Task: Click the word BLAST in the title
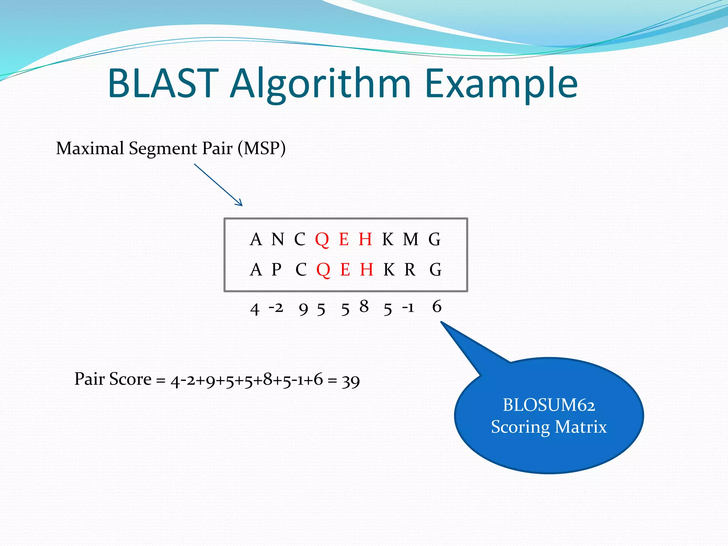click(163, 84)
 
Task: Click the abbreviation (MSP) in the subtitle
click(262, 148)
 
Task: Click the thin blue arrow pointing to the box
click(218, 184)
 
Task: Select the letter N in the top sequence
click(278, 239)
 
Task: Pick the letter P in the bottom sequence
click(277, 269)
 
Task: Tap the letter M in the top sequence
click(411, 239)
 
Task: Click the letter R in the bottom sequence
click(410, 269)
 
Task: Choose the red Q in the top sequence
click(322, 240)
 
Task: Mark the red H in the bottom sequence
click(366, 269)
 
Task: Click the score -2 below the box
click(276, 307)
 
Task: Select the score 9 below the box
click(303, 309)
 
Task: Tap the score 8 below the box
click(364, 306)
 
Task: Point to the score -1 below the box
click(408, 307)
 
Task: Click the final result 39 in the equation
click(350, 381)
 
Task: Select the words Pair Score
click(113, 379)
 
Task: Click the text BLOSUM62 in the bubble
click(548, 405)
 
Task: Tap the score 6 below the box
click(437, 306)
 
